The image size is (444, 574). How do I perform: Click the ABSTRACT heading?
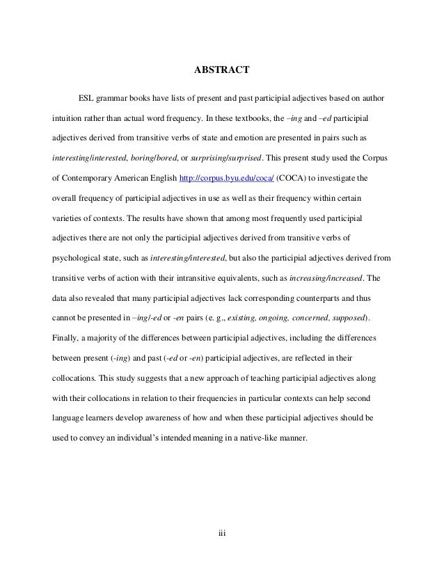coord(221,69)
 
